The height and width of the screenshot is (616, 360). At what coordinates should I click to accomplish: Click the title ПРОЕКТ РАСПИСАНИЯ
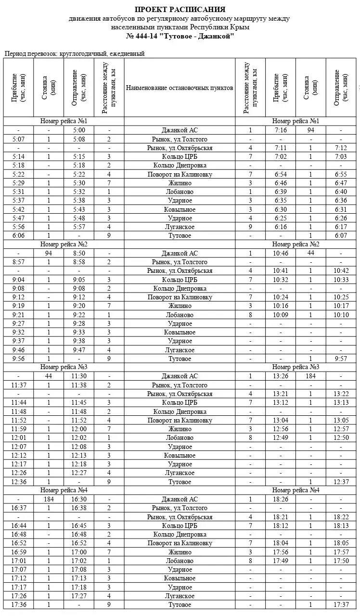[180, 10]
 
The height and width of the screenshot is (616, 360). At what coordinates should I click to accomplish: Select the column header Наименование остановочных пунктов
[180, 88]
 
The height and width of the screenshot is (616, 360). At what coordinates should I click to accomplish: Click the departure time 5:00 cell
[79, 130]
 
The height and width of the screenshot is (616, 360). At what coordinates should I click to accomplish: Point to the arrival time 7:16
[281, 130]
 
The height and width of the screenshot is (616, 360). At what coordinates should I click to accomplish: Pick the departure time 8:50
[79, 253]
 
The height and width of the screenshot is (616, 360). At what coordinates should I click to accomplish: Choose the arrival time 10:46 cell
[281, 253]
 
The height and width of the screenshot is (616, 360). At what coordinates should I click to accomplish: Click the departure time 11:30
[79, 376]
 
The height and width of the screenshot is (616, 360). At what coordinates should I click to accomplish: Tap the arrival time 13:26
[281, 376]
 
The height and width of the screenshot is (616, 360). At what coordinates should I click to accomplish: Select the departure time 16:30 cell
[79, 500]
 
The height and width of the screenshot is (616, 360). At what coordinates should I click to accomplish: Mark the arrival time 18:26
[281, 500]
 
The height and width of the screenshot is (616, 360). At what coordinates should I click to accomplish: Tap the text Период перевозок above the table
[31, 54]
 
